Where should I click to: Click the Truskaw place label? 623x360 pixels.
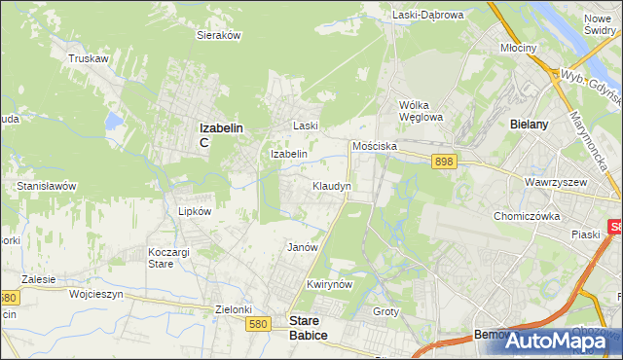88,58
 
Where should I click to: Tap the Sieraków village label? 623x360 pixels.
219,34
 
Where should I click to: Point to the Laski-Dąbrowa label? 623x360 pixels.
428,15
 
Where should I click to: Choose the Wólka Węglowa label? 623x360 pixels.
421,111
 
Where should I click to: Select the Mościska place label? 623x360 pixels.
375,145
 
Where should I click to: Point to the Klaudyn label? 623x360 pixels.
332,185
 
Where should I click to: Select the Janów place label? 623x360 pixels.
303,247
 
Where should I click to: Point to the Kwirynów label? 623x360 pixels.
327,284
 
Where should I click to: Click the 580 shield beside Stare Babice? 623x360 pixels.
258,324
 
